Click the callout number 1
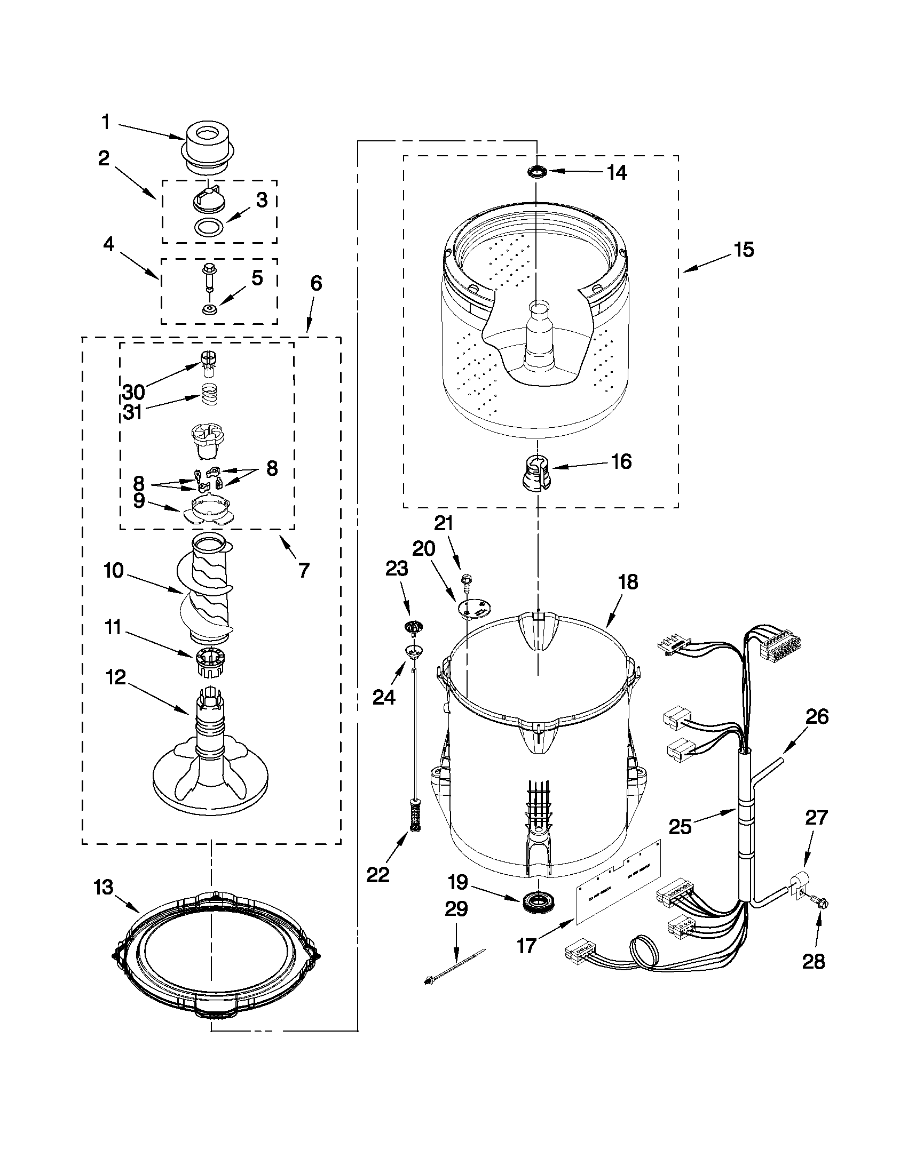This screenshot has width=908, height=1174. [x=106, y=122]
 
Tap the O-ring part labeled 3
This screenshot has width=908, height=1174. [x=210, y=228]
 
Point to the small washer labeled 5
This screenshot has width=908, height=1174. [x=209, y=309]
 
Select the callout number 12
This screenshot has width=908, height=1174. [x=116, y=677]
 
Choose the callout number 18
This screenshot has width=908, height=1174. [x=628, y=581]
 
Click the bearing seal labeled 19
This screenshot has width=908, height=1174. [x=537, y=900]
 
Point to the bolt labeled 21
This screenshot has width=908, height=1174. [x=467, y=580]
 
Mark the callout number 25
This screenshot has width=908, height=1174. [x=680, y=826]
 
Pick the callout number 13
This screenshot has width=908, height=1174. [x=102, y=888]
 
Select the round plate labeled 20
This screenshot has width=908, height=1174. [x=473, y=608]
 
